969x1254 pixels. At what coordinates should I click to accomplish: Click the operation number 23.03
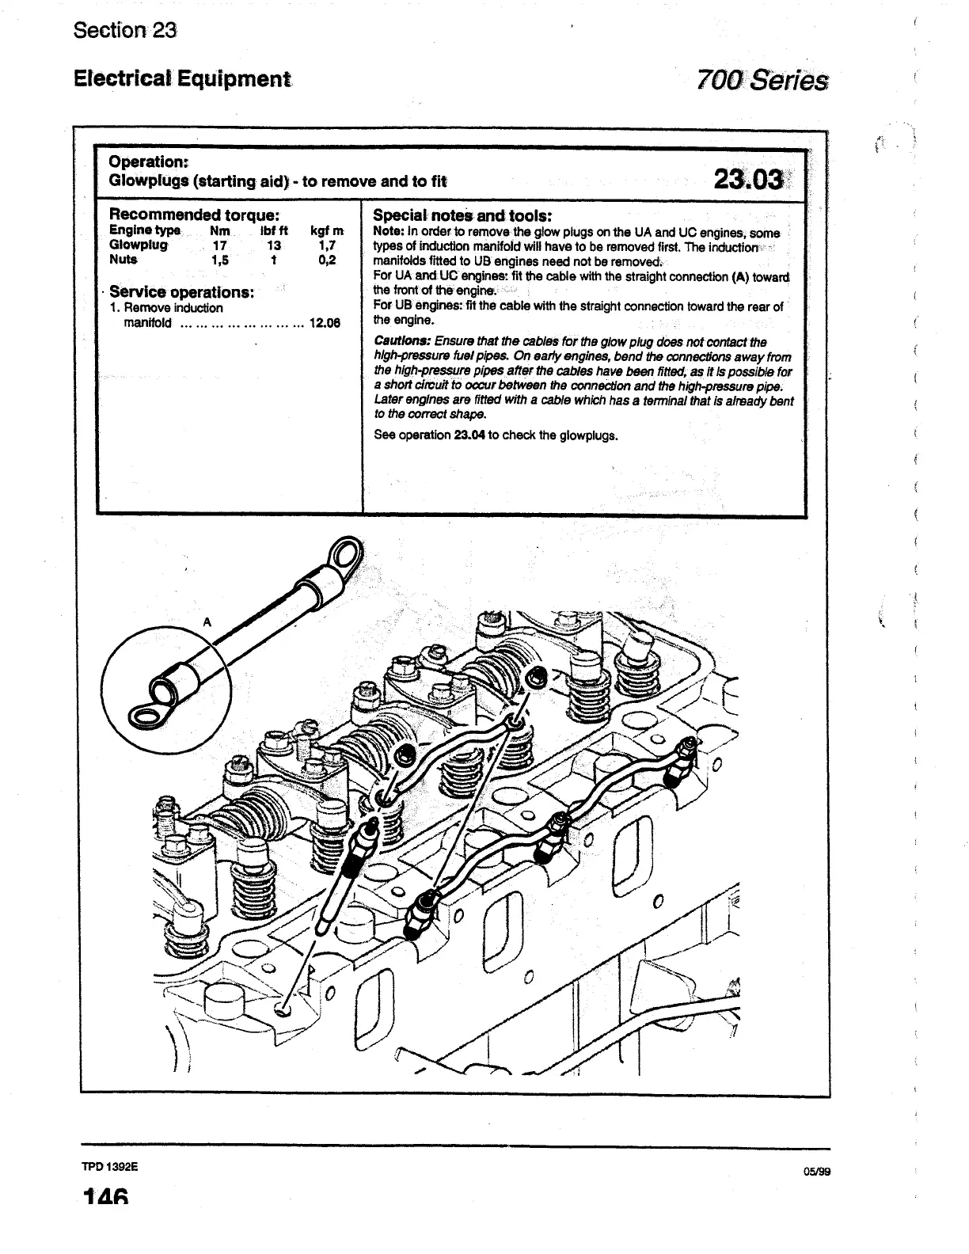coord(748,179)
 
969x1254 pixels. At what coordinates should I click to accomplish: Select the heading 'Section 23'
coord(124,31)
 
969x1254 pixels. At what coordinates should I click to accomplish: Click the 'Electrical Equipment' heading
coord(181,79)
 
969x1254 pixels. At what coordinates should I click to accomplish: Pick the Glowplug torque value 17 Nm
coord(220,245)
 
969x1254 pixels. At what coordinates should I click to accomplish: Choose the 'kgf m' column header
coord(327,231)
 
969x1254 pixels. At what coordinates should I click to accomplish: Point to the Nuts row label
coord(123,260)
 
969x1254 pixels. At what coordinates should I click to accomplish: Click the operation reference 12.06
coord(324,323)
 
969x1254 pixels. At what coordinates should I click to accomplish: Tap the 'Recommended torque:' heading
coord(193,215)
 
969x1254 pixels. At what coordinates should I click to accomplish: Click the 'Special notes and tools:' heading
coord(462,215)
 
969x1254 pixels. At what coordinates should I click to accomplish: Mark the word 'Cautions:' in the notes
coord(402,342)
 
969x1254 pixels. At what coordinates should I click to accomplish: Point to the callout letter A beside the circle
coord(207,622)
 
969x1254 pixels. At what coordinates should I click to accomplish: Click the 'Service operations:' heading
coord(181,292)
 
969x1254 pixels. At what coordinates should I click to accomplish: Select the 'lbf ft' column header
coord(274,231)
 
